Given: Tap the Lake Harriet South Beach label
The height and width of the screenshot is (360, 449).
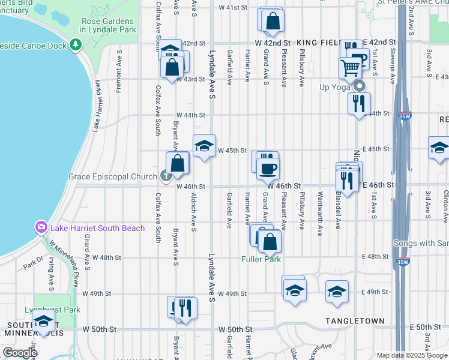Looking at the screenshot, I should (x=98, y=228).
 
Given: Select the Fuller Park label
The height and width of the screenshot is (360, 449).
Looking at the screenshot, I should (x=261, y=259).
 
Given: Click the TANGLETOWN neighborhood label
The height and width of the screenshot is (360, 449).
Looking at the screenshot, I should (x=355, y=321).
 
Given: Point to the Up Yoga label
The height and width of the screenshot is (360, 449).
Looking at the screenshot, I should (x=334, y=87).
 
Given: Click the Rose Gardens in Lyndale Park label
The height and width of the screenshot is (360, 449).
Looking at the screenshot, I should (x=109, y=25).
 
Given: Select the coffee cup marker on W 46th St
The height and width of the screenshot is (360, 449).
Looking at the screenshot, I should (x=268, y=168).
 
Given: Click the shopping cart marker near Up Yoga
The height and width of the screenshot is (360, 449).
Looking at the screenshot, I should (x=350, y=67).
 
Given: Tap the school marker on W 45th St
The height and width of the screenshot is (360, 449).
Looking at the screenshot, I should (x=204, y=146).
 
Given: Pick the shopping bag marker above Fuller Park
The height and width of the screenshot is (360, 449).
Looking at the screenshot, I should (x=270, y=241).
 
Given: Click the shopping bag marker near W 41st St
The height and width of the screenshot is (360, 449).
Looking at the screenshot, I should (x=273, y=20).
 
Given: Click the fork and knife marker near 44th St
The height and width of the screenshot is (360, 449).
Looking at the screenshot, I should (x=359, y=103).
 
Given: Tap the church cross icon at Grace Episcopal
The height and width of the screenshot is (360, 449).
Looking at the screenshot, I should (x=165, y=176).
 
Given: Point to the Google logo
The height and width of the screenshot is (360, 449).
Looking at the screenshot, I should (x=19, y=353).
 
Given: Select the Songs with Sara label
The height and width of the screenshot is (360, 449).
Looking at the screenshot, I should (x=421, y=244).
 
